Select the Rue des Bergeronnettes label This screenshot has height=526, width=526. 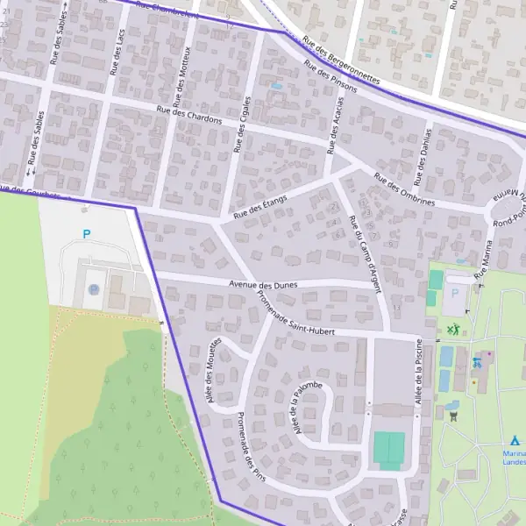pos(341,59)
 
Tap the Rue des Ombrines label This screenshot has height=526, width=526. pos(404,189)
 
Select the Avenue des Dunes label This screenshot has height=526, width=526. pos(263,285)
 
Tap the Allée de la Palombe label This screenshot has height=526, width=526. pos(308,409)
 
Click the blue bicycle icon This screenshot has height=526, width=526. pos(477,361)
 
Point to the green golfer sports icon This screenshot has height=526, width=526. pos(453,330)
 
